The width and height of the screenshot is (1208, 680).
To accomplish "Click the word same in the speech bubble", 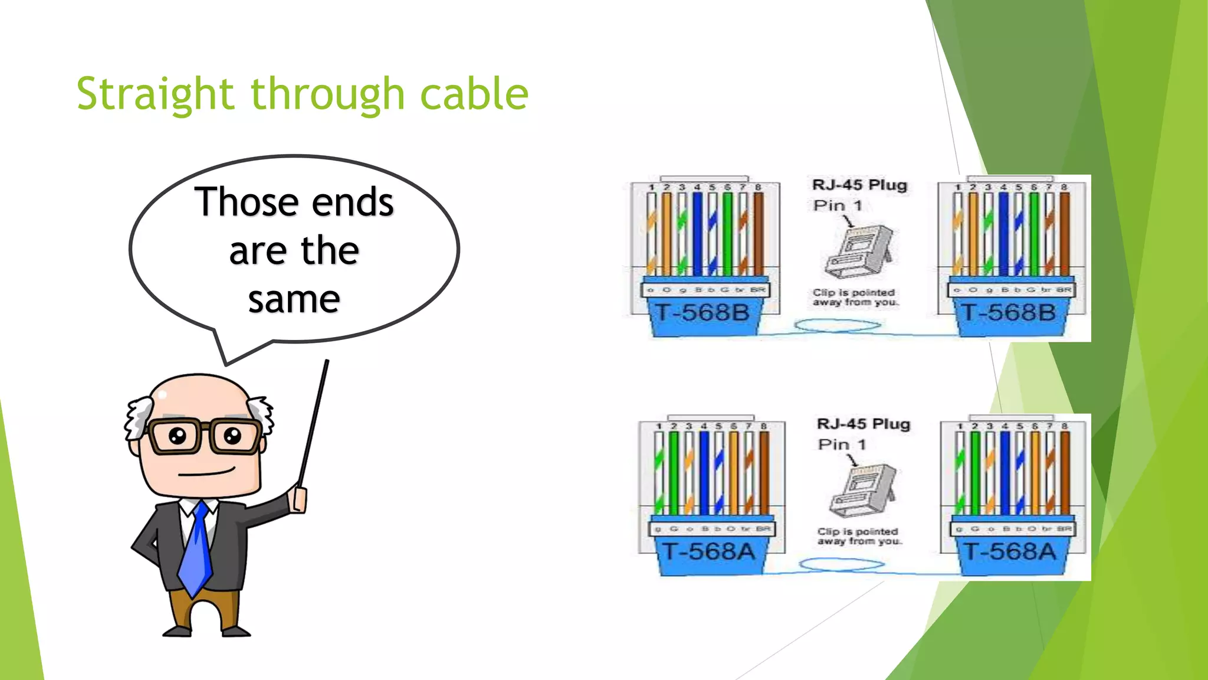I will pyautogui.click(x=294, y=300).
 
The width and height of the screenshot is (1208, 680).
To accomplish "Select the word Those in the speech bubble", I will pyautogui.click(x=249, y=202).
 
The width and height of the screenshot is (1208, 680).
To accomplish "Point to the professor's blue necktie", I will pyautogui.click(x=197, y=549).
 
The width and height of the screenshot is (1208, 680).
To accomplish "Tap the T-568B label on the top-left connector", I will pyautogui.click(x=703, y=312).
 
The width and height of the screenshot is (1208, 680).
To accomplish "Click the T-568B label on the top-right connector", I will pyautogui.click(x=1009, y=312).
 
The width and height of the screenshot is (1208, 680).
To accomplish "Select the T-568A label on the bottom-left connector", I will pyautogui.click(x=708, y=551).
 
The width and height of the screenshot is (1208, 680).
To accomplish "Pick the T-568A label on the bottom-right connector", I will pyautogui.click(x=1010, y=551).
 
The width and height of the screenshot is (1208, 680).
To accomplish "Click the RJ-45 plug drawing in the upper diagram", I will pyautogui.click(x=859, y=252).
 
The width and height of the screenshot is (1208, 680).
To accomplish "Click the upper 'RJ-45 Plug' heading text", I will pyautogui.click(x=859, y=185).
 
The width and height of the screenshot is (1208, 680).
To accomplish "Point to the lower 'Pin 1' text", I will pyautogui.click(x=842, y=444).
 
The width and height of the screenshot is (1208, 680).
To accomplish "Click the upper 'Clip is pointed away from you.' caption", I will pyautogui.click(x=855, y=297).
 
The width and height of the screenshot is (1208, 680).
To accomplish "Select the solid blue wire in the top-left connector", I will pyautogui.click(x=697, y=234).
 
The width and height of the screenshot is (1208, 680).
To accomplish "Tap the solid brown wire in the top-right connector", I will pyautogui.click(x=1065, y=234).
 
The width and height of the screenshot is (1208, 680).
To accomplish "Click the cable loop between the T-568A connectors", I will pyautogui.click(x=842, y=565).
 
